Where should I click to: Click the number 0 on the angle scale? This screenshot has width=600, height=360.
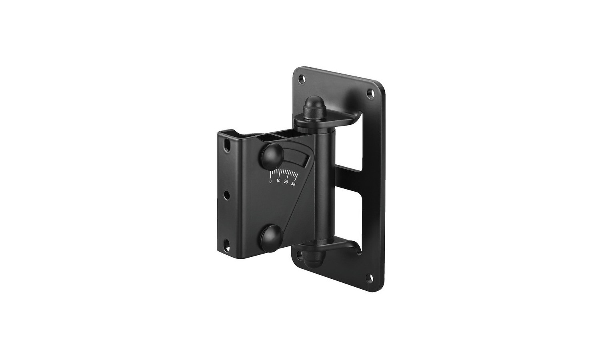[x=270, y=181]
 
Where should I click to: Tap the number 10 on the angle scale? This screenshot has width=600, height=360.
[x=278, y=181]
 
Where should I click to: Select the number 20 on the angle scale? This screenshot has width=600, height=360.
[x=286, y=182]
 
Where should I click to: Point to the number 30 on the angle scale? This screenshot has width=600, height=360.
[x=293, y=184]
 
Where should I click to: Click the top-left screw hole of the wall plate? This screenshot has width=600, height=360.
[x=303, y=79]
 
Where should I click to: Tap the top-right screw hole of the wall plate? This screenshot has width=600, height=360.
[x=371, y=94]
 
